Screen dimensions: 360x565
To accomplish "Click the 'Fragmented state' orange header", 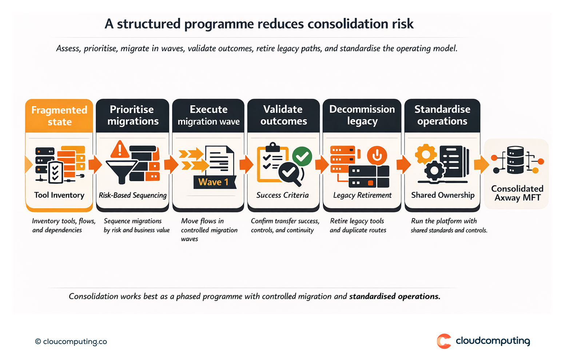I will coord(59,116).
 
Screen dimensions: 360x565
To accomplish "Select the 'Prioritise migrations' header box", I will coord(132,115).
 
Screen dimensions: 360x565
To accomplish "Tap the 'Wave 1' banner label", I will coord(214,182).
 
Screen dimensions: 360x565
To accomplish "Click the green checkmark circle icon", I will coord(302,156).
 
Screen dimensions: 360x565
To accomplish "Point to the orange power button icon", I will coord(377,155).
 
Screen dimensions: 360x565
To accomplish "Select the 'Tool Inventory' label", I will coord(59,195).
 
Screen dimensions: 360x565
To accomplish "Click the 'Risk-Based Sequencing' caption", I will coord(132,195).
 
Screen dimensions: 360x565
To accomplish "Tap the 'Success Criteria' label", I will coord(282,195).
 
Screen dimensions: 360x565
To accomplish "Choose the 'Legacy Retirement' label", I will coord(362,195).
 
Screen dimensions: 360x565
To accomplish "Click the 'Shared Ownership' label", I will coord(443,195).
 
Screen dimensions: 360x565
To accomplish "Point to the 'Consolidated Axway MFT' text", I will coord(517,193).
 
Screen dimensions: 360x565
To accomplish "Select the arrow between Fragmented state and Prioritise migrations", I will coord(95,165).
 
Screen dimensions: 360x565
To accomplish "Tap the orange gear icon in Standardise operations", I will coord(426,154).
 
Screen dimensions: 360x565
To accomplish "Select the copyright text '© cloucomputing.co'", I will coord(71,341).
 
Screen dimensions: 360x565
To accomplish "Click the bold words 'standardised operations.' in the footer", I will coord(394,296).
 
